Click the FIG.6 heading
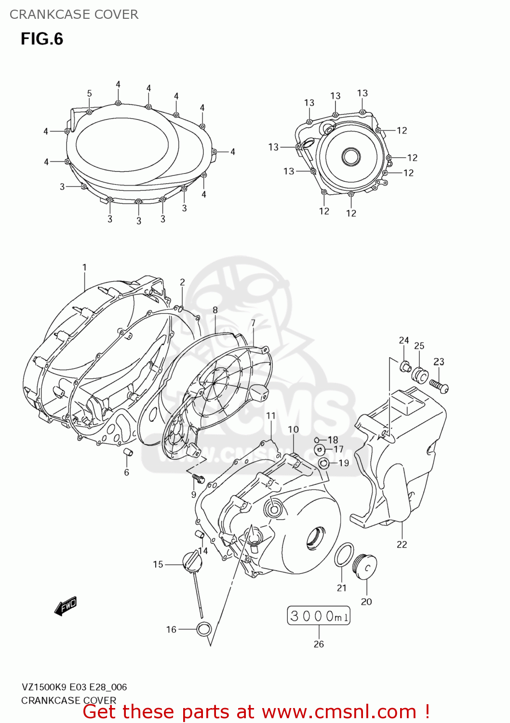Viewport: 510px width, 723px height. point(42,39)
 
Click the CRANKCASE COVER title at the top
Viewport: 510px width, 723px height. point(74,14)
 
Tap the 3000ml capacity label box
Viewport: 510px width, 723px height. point(319,616)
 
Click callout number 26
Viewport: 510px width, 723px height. point(319,644)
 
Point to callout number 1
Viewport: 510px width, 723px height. point(84,268)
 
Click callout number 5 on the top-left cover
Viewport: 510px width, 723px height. point(89,94)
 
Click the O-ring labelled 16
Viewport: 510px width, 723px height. point(203,629)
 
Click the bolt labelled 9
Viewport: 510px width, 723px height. point(198,478)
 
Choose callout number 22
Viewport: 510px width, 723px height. point(402,544)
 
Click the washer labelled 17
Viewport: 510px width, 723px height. point(319,450)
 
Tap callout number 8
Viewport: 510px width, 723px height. point(215,310)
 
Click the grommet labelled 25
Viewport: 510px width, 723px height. point(420,375)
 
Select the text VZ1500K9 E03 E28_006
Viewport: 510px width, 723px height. point(74,687)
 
